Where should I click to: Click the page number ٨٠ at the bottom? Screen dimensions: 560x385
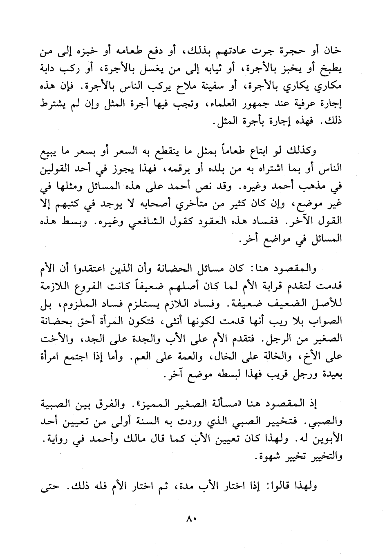click(x=192, y=520)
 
